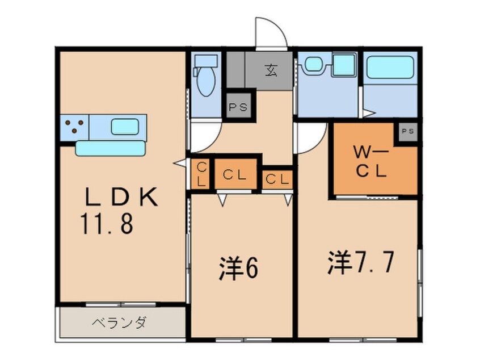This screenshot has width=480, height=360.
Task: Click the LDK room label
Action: [x=120, y=196]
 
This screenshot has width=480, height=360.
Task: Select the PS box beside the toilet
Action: [x=238, y=107]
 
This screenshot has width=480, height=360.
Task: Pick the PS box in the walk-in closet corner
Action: [x=407, y=131]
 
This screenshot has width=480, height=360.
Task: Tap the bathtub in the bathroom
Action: [x=389, y=68]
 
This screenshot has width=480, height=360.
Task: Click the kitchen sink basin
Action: [x=125, y=126]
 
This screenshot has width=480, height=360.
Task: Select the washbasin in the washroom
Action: [x=312, y=65]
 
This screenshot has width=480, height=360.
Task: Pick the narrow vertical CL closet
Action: [x=201, y=173]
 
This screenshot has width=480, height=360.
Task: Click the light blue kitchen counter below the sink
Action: [x=111, y=148]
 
